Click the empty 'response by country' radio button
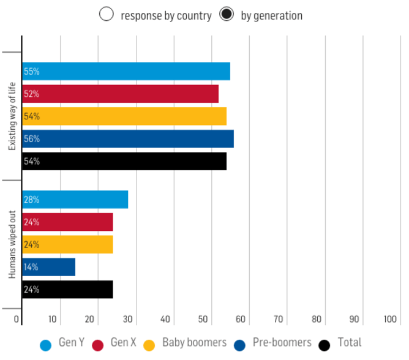click(x=107, y=15)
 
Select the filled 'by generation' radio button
click(x=227, y=15)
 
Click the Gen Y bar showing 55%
click(x=126, y=71)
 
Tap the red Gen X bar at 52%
click(x=120, y=94)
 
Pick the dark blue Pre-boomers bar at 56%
click(x=128, y=139)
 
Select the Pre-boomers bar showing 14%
click(x=48, y=267)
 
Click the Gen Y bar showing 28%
click(x=75, y=200)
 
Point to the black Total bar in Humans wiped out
click(x=67, y=290)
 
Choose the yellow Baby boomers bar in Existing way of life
click(x=124, y=116)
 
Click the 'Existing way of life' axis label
click(x=12, y=116)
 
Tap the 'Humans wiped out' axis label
click(x=12, y=244)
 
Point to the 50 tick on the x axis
click(x=203, y=319)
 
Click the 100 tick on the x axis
click(x=391, y=319)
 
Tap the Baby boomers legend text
click(x=194, y=343)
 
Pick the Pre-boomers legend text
click(x=282, y=343)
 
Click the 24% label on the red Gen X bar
click(x=31, y=222)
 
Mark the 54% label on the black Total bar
click(x=31, y=162)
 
